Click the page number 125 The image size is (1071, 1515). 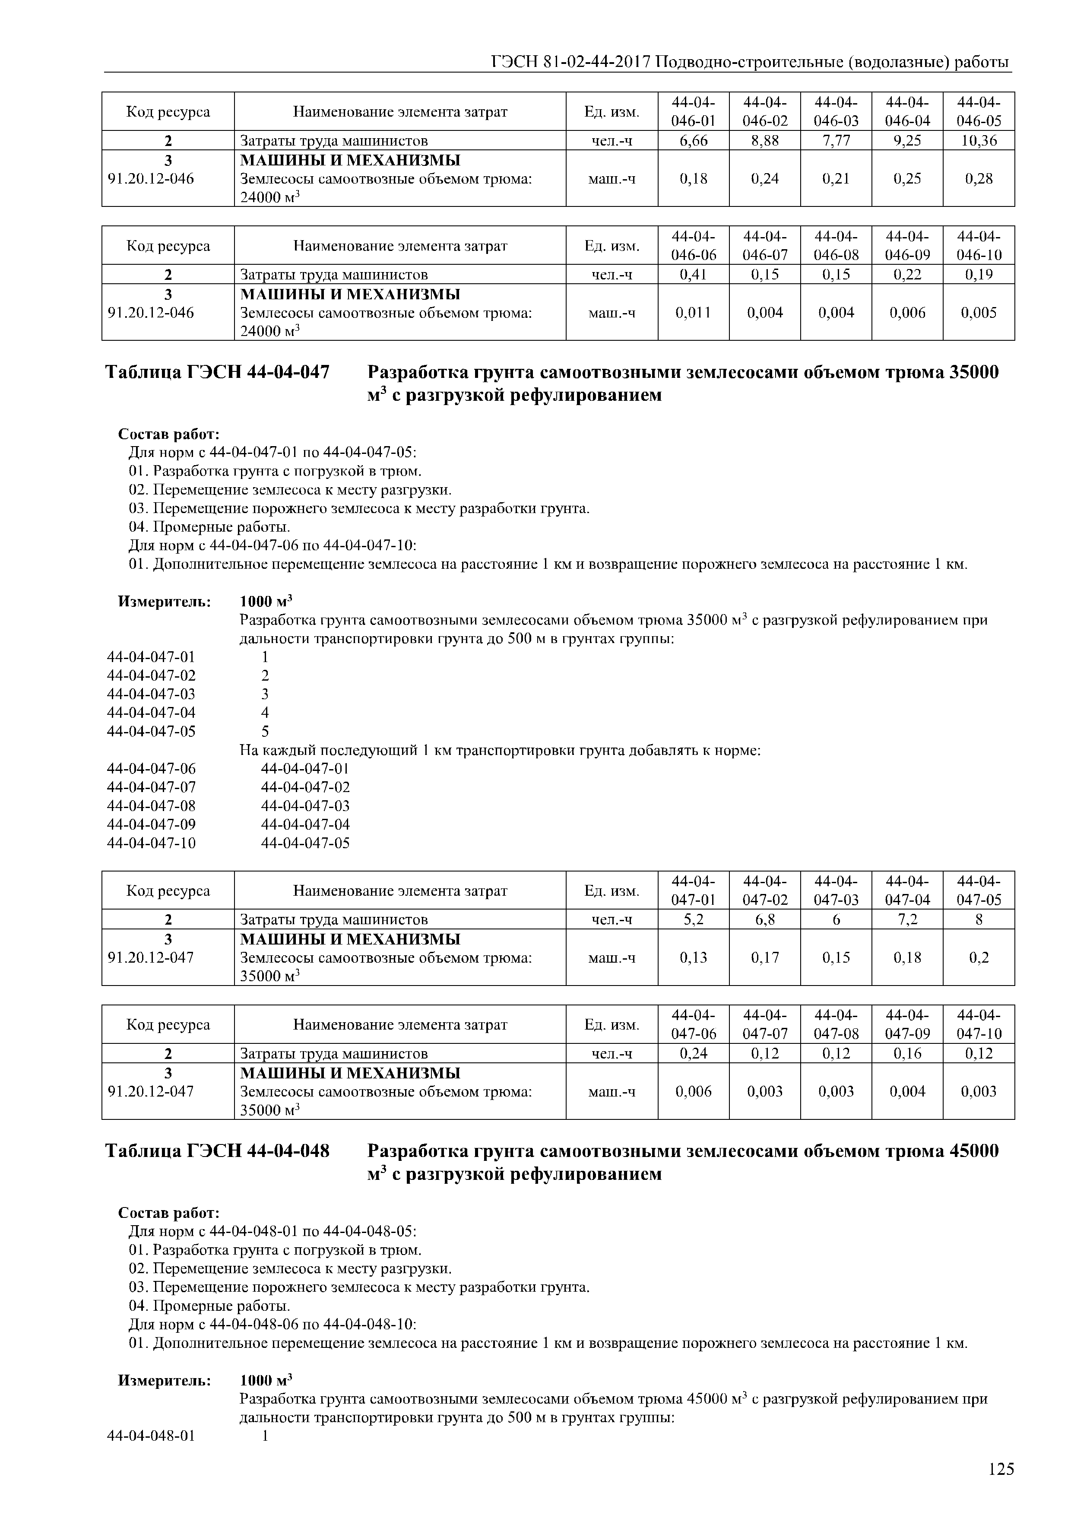point(1001,1469)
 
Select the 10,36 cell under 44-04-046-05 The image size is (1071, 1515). point(978,140)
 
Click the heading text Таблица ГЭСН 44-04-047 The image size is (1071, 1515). point(217,373)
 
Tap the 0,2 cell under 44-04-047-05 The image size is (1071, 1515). point(978,957)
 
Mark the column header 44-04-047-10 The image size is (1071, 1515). point(978,1024)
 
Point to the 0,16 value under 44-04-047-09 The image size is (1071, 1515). point(907,1054)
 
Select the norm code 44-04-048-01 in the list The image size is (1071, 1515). point(151,1436)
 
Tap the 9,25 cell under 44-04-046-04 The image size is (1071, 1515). point(907,140)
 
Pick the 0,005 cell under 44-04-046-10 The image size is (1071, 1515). point(978,313)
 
